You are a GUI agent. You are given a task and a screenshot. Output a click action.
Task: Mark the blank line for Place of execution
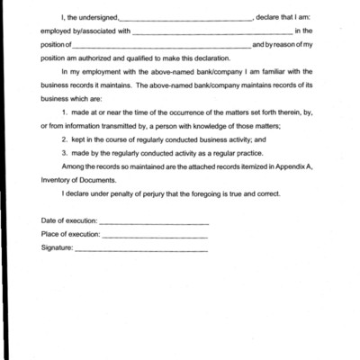tap(155, 236)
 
